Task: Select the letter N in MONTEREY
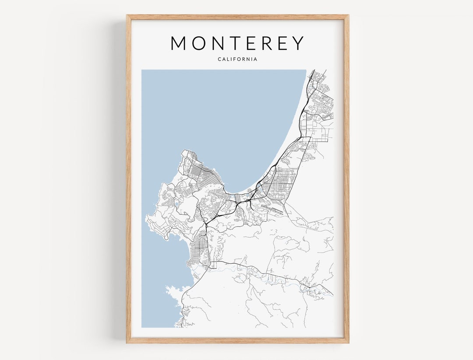click(219, 43)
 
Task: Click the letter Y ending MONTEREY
click(297, 43)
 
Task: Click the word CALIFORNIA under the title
click(237, 59)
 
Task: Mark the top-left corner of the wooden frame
click(127, 16)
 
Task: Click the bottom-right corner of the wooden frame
click(348, 342)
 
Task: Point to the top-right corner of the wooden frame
click(348, 16)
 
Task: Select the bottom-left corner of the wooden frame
click(127, 342)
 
